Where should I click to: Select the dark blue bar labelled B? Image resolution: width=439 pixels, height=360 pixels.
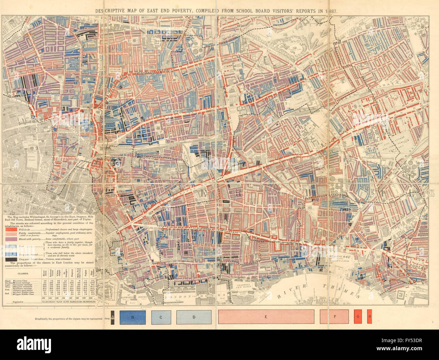coord(133,317)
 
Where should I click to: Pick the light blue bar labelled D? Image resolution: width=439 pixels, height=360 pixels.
coord(194,317)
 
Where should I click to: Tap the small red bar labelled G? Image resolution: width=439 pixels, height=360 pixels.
coord(358,317)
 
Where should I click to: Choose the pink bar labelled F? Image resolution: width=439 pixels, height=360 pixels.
coord(334,317)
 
